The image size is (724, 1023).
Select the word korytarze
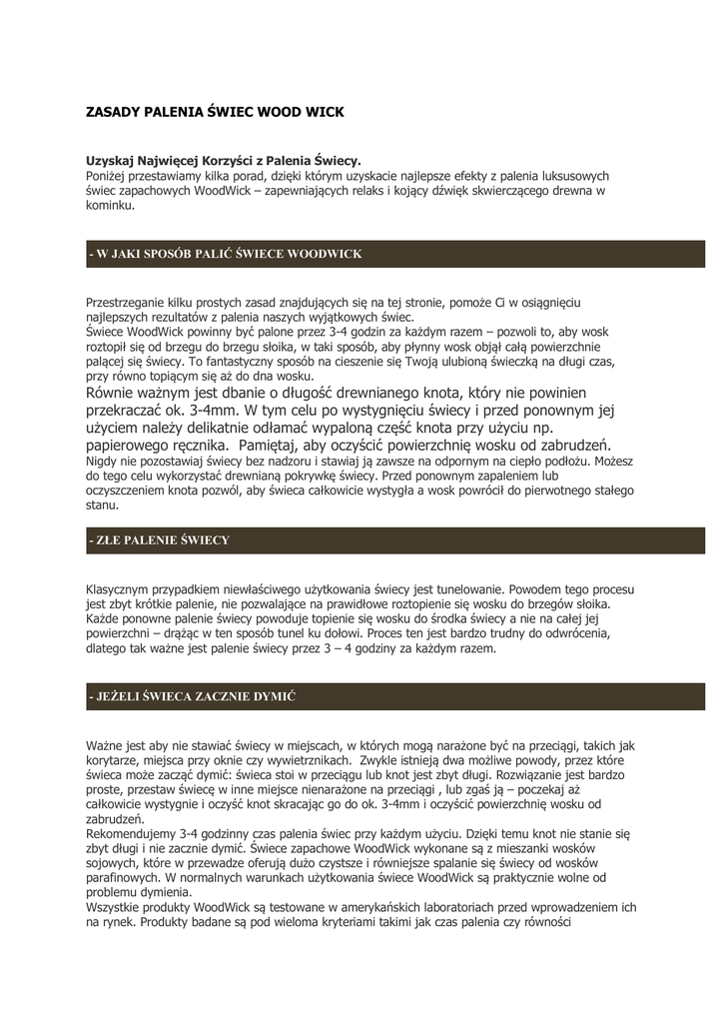pyautogui.click(x=115, y=760)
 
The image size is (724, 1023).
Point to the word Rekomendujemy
pyautogui.click(x=132, y=833)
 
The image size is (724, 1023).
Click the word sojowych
pyautogui.click(x=112, y=862)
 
